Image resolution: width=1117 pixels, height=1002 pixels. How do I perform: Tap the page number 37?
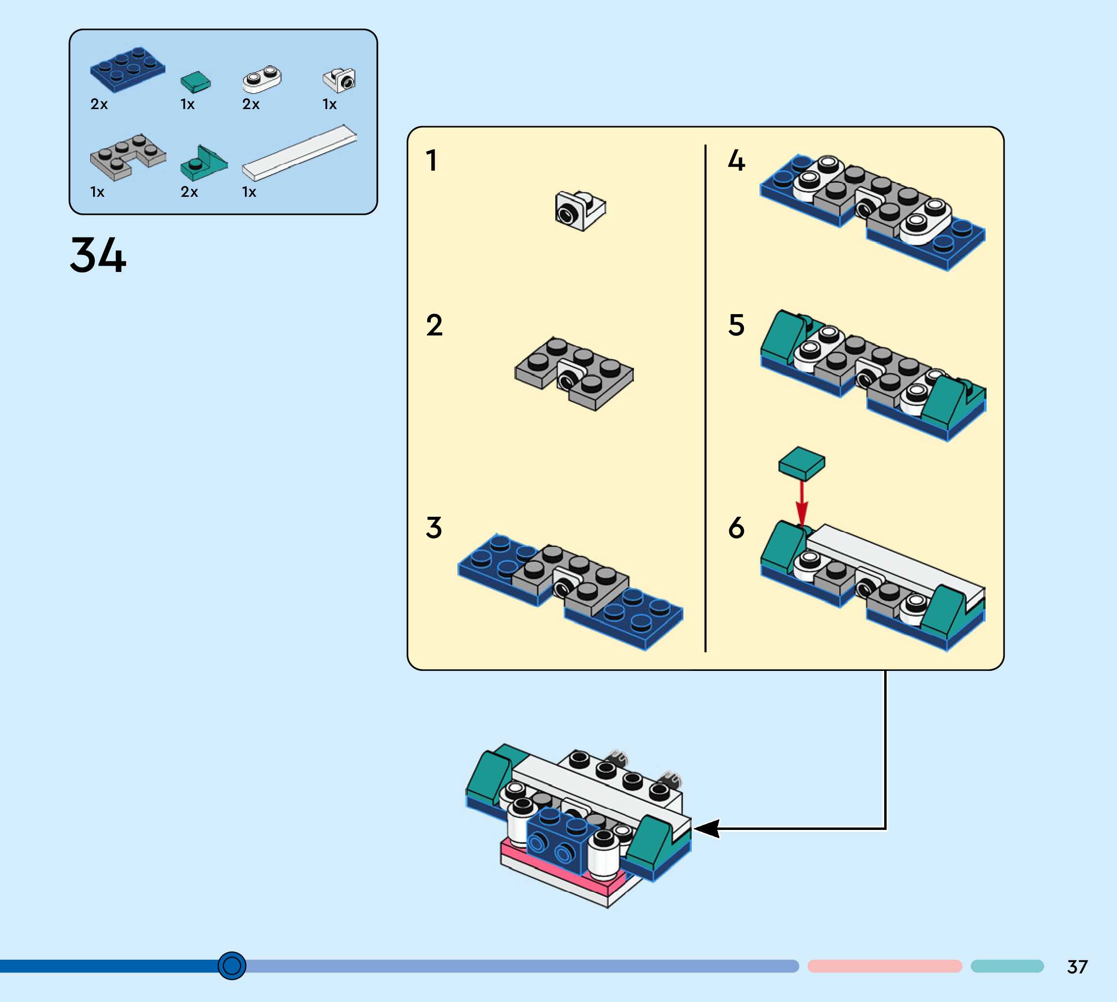point(1077,967)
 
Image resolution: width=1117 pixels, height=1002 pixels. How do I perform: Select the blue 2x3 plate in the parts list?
point(127,68)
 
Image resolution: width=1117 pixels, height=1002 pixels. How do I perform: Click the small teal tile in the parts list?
point(195,82)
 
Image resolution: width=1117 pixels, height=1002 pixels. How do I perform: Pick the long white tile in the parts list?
point(300,153)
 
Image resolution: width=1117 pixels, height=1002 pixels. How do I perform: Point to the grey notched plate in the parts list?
point(128,157)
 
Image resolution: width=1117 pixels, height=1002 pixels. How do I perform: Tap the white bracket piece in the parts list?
point(340,80)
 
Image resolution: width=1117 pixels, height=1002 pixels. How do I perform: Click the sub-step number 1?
point(431,161)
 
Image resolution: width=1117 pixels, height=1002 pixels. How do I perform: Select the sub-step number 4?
point(736,161)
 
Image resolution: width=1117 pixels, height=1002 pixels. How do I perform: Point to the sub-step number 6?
point(736,527)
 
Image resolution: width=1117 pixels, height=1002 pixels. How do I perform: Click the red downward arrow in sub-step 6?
point(802,504)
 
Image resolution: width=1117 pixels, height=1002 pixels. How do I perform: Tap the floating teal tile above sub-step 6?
point(801,463)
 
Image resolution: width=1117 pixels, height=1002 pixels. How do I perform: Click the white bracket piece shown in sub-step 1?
point(580,210)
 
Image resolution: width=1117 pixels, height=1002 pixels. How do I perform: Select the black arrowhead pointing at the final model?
point(707,828)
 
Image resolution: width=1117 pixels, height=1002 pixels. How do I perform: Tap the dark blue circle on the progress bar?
point(232,966)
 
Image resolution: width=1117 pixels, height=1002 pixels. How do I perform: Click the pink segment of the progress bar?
point(885,966)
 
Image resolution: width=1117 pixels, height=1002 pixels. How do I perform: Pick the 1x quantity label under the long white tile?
point(249,192)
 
